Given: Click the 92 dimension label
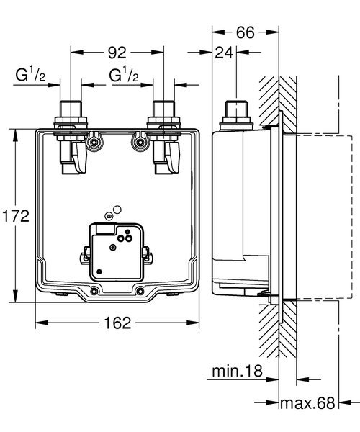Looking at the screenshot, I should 118,53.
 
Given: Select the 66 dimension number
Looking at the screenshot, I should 246,32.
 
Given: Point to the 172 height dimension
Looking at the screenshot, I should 14,216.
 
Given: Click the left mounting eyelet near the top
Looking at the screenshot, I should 94,143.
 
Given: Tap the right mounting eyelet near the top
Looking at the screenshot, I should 138,143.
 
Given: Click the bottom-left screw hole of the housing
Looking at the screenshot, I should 95,291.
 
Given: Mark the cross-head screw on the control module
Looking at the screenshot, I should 112,248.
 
